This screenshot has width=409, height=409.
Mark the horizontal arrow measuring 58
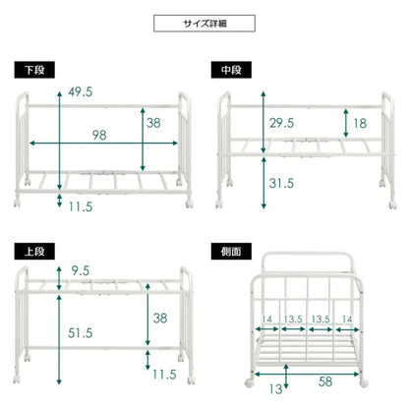(x=295, y=371)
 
